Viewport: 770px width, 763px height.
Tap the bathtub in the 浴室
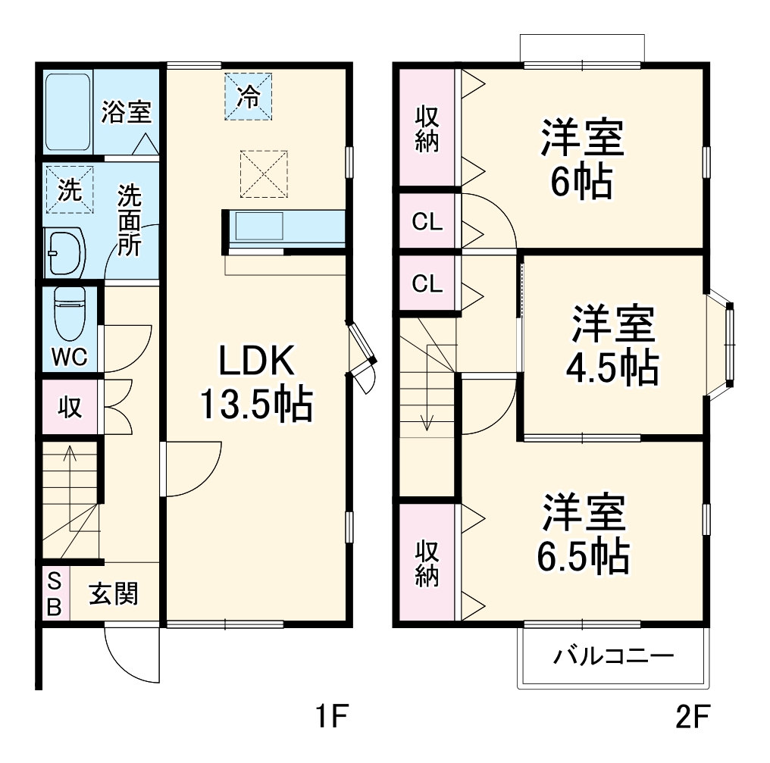68,112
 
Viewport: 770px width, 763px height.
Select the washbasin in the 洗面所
65,252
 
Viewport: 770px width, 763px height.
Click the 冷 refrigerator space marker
248,96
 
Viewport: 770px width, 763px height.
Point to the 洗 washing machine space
69,189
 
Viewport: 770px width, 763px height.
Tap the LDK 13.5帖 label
256,383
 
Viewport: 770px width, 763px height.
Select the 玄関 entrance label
114,594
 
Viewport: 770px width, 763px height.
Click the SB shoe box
55,594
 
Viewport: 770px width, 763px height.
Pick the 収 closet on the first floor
69,407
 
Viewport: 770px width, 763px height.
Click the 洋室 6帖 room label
582,159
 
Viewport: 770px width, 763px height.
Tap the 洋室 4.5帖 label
613,345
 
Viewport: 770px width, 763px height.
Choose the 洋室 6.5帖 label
584,533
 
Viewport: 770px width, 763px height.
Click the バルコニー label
614,656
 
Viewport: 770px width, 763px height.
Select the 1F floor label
331,716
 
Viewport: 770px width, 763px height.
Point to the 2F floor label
692,716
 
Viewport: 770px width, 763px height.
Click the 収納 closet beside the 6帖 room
427,127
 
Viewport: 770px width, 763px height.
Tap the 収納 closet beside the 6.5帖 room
427,563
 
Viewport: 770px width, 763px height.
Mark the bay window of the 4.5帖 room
721,346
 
